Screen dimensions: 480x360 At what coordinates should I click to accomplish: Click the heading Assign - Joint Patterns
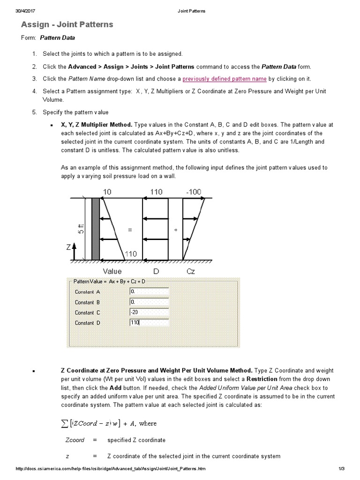click(x=67, y=24)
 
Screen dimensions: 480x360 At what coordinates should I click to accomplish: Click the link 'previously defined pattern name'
click(x=225, y=79)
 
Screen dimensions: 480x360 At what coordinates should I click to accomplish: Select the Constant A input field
click(x=149, y=292)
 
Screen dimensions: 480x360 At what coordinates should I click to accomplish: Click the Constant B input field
click(x=149, y=302)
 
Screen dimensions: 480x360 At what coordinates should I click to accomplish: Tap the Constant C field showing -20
click(x=149, y=313)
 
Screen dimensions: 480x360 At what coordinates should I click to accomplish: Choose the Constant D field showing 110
click(x=149, y=322)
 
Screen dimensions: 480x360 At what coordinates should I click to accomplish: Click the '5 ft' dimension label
click(x=81, y=228)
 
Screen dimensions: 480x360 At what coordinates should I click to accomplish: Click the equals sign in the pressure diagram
click(x=130, y=230)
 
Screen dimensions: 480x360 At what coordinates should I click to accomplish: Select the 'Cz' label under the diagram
click(x=190, y=271)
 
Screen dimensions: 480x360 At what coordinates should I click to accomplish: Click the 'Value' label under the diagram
click(x=112, y=271)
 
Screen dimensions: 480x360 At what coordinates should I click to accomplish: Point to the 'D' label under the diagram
click(x=156, y=271)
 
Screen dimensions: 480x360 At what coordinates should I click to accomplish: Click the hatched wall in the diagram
click(x=96, y=228)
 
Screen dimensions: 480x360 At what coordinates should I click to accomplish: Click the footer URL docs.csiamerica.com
click(x=110, y=469)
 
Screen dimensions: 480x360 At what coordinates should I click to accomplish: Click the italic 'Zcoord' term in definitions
click(x=75, y=440)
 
